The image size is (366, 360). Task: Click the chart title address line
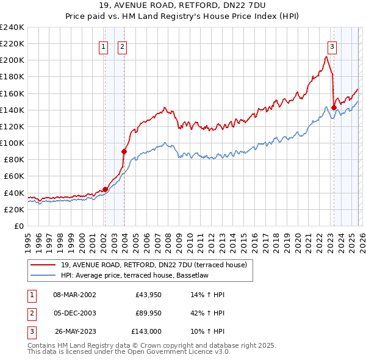point(183,5)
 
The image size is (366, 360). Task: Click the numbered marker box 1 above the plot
point(103,46)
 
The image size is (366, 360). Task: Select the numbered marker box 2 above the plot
point(121,46)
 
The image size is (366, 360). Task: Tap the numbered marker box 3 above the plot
point(332,46)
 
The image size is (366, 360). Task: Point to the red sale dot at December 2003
point(124,151)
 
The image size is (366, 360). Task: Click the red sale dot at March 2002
point(105,189)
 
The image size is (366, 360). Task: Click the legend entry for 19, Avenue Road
point(154,265)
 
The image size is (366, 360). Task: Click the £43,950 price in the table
point(146,295)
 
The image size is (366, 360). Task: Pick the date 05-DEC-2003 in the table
point(75,313)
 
